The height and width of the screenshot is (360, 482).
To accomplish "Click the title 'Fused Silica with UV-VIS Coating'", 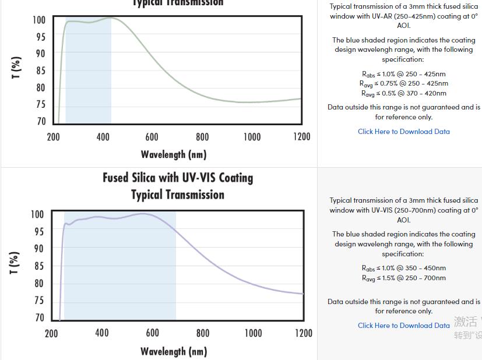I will (x=178, y=178).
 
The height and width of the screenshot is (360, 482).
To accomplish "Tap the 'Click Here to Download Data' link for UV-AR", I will (x=403, y=132).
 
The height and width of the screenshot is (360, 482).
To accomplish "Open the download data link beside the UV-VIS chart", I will (x=403, y=326).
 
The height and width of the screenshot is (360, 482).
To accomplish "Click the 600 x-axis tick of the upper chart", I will (x=152, y=137).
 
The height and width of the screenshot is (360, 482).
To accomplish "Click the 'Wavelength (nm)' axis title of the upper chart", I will (x=173, y=154).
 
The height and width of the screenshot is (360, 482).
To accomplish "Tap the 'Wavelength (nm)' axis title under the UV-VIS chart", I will (x=173, y=351).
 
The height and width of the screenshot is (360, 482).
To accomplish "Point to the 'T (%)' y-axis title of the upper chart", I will (x=16, y=68).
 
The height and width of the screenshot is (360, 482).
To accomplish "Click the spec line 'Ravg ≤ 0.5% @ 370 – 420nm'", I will (x=403, y=93).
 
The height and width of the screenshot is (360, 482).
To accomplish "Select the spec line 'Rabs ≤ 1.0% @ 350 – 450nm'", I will (x=403, y=269).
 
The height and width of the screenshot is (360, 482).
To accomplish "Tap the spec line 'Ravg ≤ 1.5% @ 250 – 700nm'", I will (x=403, y=278).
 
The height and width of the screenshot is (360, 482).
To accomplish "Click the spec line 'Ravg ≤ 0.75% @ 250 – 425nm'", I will (x=403, y=84).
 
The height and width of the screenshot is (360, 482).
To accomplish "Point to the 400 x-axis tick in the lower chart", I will (x=101, y=333).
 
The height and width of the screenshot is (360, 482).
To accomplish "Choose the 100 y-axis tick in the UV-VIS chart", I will (x=37, y=214).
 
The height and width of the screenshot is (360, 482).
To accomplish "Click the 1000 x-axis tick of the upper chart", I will (x=252, y=137).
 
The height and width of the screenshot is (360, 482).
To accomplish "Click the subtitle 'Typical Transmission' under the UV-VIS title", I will (x=178, y=195).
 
